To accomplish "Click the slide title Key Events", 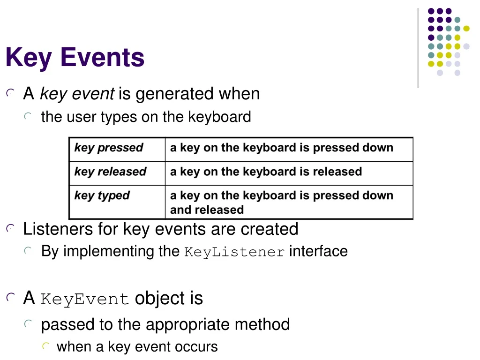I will click(x=75, y=58).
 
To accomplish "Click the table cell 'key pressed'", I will click(x=108, y=148).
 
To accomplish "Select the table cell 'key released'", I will click(x=110, y=172).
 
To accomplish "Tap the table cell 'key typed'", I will click(x=102, y=196).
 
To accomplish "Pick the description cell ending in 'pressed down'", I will click(x=281, y=148).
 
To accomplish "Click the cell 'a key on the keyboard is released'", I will click(x=266, y=172).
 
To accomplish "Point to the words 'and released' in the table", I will click(x=207, y=210).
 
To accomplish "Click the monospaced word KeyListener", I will click(x=234, y=252).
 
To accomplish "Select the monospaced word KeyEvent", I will click(x=85, y=299).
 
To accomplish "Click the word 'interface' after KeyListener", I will click(x=318, y=251).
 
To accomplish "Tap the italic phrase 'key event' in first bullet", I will click(x=77, y=94).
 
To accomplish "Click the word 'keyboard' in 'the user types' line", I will click(x=219, y=117).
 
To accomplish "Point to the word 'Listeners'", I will click(x=58, y=229).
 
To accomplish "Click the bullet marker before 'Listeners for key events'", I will click(x=10, y=229).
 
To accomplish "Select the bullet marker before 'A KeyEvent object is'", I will click(x=10, y=298).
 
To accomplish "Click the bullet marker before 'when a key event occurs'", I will click(x=45, y=347).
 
